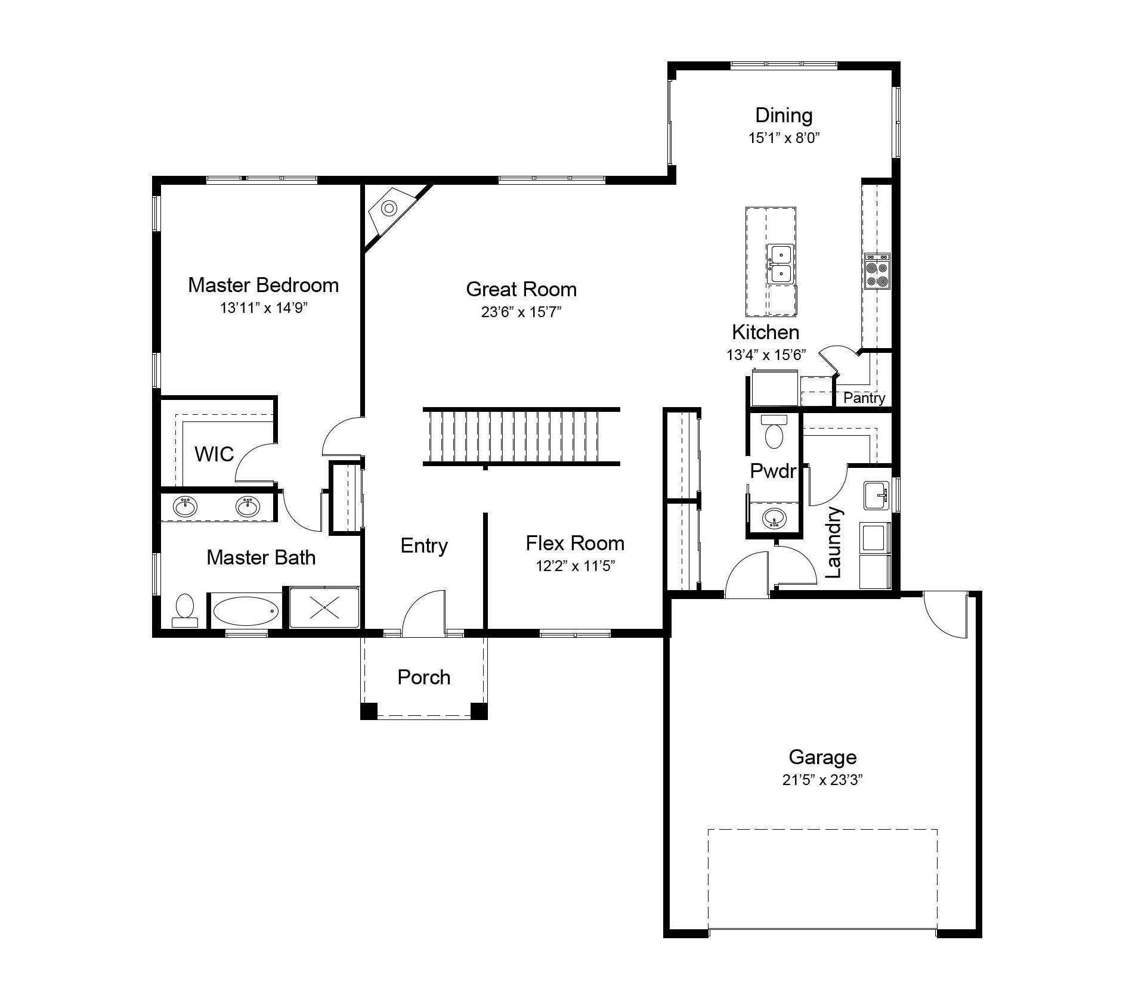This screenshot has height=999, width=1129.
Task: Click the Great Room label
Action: click(x=521, y=290)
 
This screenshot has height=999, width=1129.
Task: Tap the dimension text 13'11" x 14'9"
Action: click(x=264, y=308)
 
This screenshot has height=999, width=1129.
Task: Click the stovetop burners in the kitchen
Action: click(x=877, y=271)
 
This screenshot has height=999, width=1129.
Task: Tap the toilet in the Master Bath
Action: click(x=185, y=611)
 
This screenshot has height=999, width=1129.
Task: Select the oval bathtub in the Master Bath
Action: click(x=246, y=611)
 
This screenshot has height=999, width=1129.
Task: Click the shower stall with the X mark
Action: click(x=324, y=607)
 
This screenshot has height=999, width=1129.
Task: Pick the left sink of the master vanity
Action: click(x=185, y=507)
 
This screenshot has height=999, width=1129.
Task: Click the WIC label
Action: click(x=214, y=454)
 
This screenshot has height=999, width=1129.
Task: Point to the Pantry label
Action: click(x=864, y=398)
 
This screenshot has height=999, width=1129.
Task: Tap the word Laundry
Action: click(x=833, y=542)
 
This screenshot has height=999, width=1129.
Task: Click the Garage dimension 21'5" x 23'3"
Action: click(x=823, y=780)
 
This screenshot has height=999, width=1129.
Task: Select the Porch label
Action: click(x=424, y=677)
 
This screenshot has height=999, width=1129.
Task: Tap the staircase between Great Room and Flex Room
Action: click(x=522, y=436)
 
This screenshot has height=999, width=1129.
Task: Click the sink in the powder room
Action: click(x=774, y=518)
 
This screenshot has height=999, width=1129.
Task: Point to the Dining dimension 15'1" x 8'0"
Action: click(x=784, y=138)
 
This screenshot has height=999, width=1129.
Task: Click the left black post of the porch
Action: click(x=369, y=711)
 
